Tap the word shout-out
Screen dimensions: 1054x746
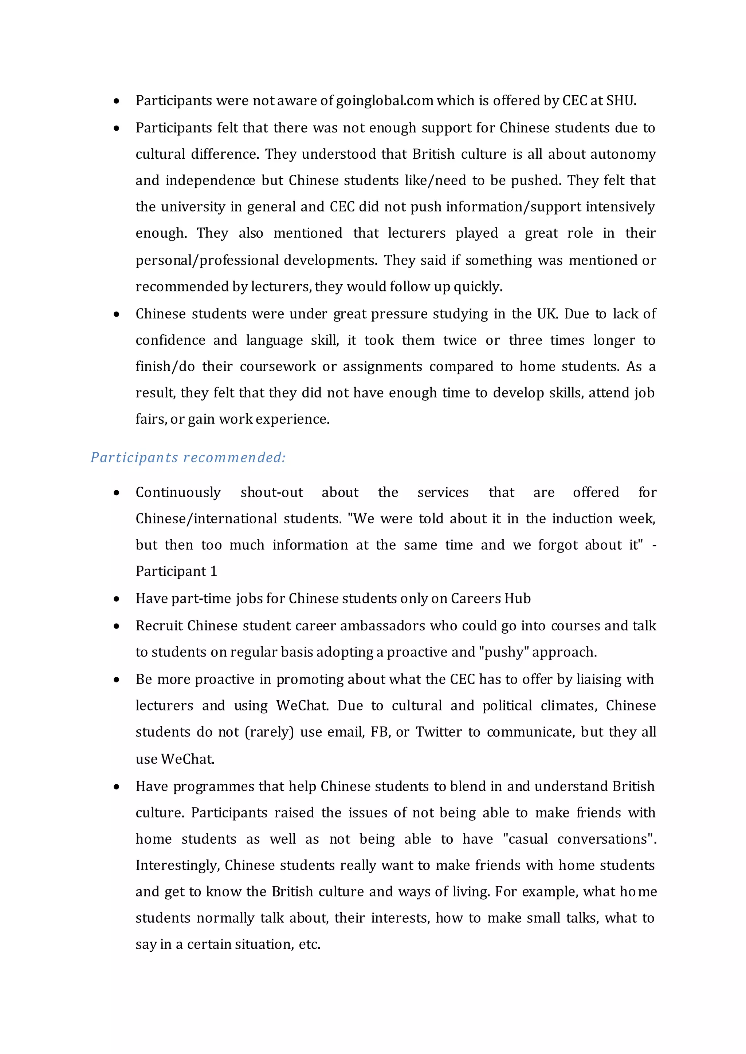[271, 492]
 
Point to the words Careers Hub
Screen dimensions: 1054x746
[491, 599]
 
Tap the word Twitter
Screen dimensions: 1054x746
[438, 732]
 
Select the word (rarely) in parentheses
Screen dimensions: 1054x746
[269, 732]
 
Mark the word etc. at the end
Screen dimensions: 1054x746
[309, 945]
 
